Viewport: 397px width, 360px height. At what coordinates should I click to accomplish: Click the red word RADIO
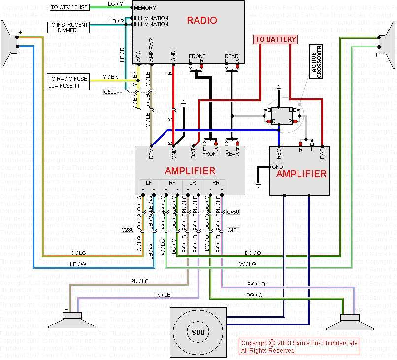(x=201, y=20)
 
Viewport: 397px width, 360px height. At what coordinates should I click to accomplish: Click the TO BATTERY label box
(x=275, y=39)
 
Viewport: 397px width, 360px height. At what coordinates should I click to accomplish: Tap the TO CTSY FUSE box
(x=69, y=7)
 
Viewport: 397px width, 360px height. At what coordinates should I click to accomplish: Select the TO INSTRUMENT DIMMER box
(x=68, y=28)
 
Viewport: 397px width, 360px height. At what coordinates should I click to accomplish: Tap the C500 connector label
(x=111, y=92)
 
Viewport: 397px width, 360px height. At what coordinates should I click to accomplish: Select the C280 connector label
(x=127, y=230)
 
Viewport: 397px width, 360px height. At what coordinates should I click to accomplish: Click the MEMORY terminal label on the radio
(x=145, y=8)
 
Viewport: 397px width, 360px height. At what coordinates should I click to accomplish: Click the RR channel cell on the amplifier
(x=215, y=183)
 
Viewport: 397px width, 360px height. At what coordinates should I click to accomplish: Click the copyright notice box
(x=299, y=346)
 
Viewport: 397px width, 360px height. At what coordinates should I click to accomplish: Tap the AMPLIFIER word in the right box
(x=301, y=174)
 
